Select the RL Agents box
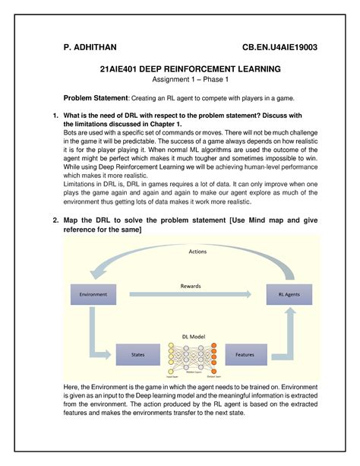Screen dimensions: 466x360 [x=286, y=293]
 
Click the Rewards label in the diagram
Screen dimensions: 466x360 [x=191, y=286]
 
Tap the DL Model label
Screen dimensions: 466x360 [x=191, y=334]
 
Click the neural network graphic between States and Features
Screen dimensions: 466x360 [x=191, y=357]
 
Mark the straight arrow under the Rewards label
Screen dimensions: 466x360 [x=191, y=294]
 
